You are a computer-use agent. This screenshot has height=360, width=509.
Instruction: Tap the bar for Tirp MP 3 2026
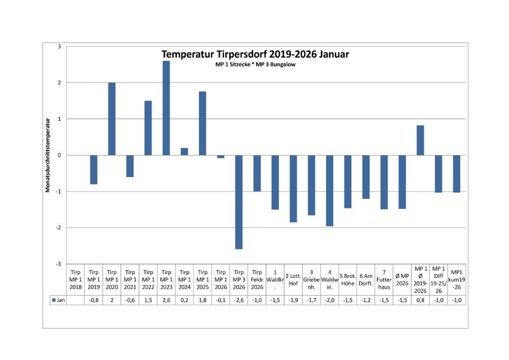coord(239,202)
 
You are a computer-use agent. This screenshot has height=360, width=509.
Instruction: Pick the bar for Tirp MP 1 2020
coord(112,119)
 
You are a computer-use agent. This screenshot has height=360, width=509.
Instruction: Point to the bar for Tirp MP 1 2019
coord(93,170)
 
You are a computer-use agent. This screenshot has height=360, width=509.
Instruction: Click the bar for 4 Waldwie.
coord(330,190)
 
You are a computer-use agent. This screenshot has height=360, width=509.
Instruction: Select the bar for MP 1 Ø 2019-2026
coord(420,140)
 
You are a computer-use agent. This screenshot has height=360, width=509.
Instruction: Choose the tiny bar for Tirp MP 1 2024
coord(184,152)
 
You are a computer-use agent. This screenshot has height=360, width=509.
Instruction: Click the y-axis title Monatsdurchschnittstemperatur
coord(48,155)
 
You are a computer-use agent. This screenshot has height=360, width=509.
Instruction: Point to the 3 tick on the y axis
coord(59,47)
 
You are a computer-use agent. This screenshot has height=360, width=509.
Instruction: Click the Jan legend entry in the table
coord(58,300)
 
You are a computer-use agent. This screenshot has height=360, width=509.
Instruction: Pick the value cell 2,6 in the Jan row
coord(166,300)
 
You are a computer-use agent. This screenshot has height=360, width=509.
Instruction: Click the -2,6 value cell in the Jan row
coord(239,300)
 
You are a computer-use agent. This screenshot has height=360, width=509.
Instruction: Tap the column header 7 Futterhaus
coord(384,279)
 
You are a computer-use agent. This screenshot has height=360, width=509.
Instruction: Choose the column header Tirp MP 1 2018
coord(76,279)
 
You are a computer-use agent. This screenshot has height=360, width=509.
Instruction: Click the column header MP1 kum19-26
coord(456,279)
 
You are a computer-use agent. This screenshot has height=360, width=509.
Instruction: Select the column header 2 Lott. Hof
coord(293,279)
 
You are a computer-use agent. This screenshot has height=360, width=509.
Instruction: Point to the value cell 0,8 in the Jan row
coord(420,300)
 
